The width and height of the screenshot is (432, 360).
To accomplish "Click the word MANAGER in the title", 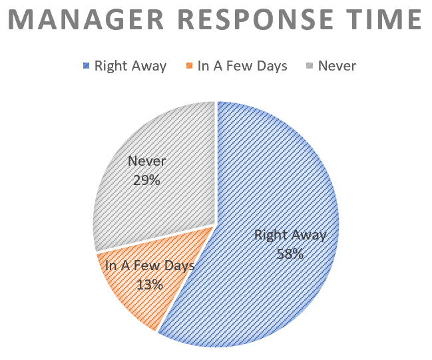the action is [x=87, y=19].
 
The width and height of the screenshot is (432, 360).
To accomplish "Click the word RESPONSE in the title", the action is [x=256, y=19].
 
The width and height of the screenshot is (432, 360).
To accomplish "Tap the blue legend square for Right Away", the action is [x=87, y=66].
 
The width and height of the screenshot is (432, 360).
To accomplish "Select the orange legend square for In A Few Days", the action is [x=189, y=66].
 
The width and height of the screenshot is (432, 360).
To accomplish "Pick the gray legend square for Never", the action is [x=310, y=66].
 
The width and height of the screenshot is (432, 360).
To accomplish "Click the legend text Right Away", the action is [x=130, y=67].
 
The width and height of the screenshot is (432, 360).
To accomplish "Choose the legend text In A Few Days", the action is [x=242, y=67].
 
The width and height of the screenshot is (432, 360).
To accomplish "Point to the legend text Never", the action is [x=337, y=66].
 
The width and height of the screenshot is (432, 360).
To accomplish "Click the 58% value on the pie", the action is [x=290, y=254].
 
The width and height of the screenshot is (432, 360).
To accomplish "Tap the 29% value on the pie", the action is [x=146, y=180].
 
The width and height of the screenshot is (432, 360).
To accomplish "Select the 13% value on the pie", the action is [x=150, y=284].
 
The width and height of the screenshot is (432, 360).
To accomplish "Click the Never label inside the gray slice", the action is [x=147, y=161].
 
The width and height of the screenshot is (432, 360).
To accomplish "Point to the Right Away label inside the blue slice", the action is [x=290, y=236].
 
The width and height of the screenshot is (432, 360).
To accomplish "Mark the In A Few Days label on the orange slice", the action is [x=150, y=266].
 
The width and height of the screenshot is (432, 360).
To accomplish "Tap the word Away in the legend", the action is [x=149, y=67].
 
